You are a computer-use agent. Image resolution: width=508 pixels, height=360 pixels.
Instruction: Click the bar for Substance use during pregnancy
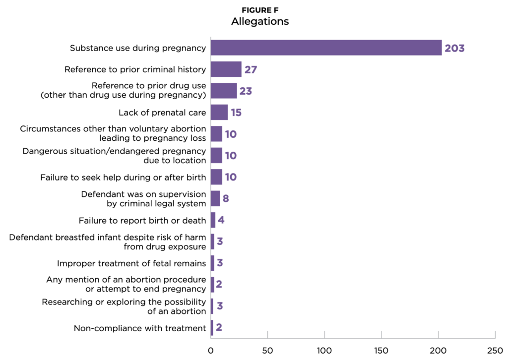pyautogui.click(x=326, y=48)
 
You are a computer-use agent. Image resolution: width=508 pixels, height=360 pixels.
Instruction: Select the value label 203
pyautogui.click(x=454, y=49)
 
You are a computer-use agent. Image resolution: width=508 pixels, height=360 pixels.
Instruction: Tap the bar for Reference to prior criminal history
pyautogui.click(x=226, y=69)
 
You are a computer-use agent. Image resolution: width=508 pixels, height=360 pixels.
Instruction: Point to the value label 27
pyautogui.click(x=251, y=69)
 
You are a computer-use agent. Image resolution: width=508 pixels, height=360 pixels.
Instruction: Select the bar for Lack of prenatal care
pyautogui.click(x=219, y=113)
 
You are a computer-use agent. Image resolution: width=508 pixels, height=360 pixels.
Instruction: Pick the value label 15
pyautogui.click(x=236, y=113)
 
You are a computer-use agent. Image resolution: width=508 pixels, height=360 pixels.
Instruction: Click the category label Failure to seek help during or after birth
pyautogui.click(x=123, y=177)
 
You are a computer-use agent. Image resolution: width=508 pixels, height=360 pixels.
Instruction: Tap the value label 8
pyautogui.click(x=225, y=199)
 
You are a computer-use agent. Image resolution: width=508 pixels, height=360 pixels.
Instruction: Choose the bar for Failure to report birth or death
pyautogui.click(x=213, y=220)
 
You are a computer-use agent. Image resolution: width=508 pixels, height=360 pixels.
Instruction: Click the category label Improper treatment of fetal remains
pyautogui.click(x=131, y=263)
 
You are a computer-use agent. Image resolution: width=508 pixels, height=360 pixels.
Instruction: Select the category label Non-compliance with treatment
pyautogui.click(x=140, y=328)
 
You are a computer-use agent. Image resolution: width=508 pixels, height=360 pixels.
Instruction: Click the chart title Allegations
pyautogui.click(x=260, y=21)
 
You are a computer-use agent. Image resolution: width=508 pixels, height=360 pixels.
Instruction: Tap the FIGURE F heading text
pyautogui.click(x=260, y=10)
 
